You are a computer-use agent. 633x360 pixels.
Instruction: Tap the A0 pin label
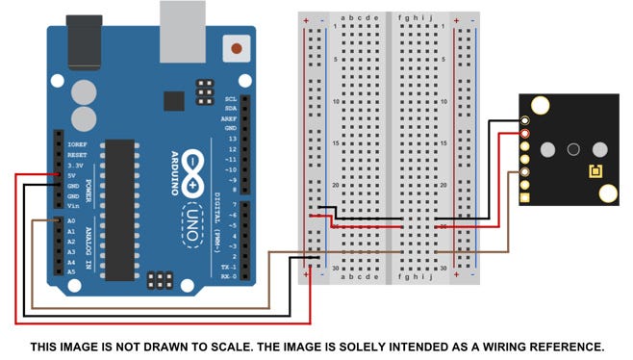(70, 221)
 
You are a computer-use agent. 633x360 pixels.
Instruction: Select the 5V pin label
(72, 176)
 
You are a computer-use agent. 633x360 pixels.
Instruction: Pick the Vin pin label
(72, 206)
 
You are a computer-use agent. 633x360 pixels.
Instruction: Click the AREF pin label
(231, 117)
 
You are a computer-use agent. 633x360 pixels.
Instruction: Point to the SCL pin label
(231, 98)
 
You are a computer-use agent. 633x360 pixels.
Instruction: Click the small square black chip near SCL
(174, 100)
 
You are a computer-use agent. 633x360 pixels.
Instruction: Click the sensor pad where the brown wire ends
(525, 173)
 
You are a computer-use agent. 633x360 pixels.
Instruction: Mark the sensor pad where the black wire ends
(525, 120)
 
